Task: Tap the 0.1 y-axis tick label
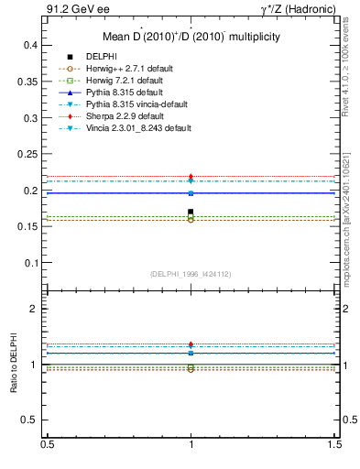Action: pyautogui.click(x=30, y=263)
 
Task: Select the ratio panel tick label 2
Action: pyautogui.click(x=34, y=309)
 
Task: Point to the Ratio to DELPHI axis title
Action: pyautogui.click(x=14, y=365)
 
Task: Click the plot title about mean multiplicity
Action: pyautogui.click(x=191, y=37)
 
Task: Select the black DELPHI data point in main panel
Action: pyautogui.click(x=191, y=212)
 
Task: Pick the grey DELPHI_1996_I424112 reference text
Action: pyautogui.click(x=191, y=273)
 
